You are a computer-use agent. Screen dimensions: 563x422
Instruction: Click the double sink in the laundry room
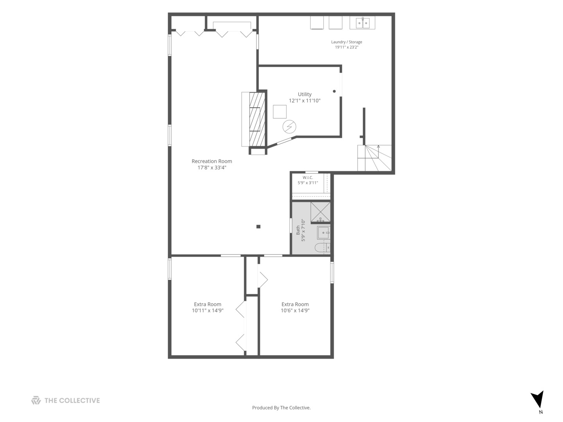362,23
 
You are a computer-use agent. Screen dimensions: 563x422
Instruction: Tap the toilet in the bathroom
323,247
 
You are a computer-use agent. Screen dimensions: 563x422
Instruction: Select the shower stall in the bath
320,212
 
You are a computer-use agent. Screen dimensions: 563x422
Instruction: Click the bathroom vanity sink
324,232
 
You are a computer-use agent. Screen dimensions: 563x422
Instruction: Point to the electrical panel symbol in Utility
289,127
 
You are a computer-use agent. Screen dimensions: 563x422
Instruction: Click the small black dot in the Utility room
334,91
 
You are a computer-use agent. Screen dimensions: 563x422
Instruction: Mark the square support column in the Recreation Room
258,227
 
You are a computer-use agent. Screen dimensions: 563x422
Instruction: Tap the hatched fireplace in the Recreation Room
257,120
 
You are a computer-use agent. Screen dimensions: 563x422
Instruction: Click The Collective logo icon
36,400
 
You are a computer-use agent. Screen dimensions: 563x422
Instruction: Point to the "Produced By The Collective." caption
281,408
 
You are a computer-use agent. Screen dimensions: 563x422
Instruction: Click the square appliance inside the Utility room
280,112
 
